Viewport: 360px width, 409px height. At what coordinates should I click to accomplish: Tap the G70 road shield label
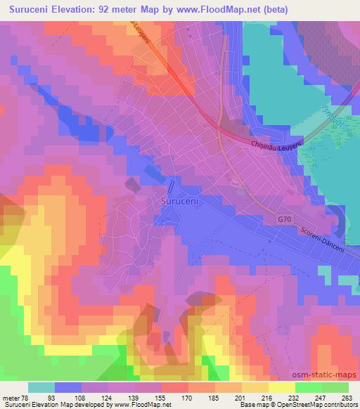point(283,219)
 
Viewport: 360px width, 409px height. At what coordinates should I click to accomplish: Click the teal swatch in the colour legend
point(41,387)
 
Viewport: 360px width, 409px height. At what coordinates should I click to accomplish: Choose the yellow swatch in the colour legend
point(281,387)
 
